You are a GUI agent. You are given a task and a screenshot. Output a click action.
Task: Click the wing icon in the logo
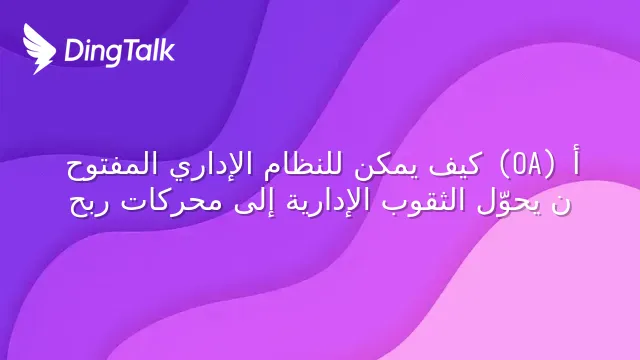coord(39,49)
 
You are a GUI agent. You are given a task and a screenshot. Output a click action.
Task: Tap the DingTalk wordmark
coord(119,52)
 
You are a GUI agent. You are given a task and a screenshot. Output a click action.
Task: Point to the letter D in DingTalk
coord(73,50)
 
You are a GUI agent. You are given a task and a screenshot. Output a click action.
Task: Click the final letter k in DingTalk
coord(168,50)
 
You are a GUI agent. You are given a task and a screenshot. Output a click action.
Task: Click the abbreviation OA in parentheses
coord(527,165)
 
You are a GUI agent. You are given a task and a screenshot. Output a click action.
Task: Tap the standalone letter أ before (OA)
coord(576,162)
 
